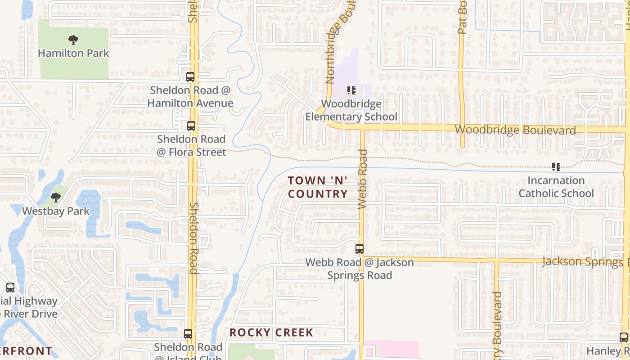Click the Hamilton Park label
coord(73,53)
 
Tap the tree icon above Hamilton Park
coord(73,40)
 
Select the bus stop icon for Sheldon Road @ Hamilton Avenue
coord(190,77)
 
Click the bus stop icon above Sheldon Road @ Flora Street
coord(191,126)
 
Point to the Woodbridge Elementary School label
coord(351,110)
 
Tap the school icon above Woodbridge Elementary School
coord(351,91)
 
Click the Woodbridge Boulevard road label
coord(515,130)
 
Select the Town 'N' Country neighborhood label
coord(318,187)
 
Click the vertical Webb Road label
coord(363,179)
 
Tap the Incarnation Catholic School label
coord(556,187)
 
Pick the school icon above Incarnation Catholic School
coord(556,167)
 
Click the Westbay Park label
coord(56,211)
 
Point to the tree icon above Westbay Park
coord(56,198)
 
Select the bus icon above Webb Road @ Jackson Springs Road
coord(360,249)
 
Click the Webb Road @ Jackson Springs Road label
coord(360,269)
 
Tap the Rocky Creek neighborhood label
coord(271,333)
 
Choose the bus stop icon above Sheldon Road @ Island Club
coord(188,334)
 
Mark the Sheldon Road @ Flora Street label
coord(191,146)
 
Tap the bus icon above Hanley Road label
coord(624,337)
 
